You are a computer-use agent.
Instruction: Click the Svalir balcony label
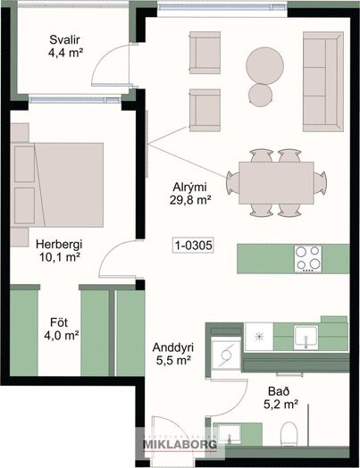click(x=65, y=39)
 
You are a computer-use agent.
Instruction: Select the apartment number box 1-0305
click(x=194, y=246)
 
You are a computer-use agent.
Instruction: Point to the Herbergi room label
click(x=59, y=245)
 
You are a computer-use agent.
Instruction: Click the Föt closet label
click(x=59, y=322)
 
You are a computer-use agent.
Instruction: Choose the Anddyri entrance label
click(x=173, y=347)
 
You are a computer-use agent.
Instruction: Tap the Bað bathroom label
click(x=274, y=391)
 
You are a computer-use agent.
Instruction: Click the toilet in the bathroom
click(x=289, y=434)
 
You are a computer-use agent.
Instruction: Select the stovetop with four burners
click(x=308, y=258)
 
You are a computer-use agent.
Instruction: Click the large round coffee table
click(x=264, y=65)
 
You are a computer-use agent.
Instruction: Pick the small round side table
click(x=260, y=95)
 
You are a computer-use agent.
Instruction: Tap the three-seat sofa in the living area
click(x=323, y=82)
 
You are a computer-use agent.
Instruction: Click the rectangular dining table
click(x=276, y=183)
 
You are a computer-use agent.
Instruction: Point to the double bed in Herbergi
click(x=57, y=185)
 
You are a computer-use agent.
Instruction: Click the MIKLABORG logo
click(x=180, y=445)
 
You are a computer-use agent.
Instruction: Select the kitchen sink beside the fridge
click(x=306, y=338)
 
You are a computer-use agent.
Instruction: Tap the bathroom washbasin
click(x=229, y=435)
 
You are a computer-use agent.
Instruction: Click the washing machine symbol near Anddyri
click(x=226, y=355)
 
